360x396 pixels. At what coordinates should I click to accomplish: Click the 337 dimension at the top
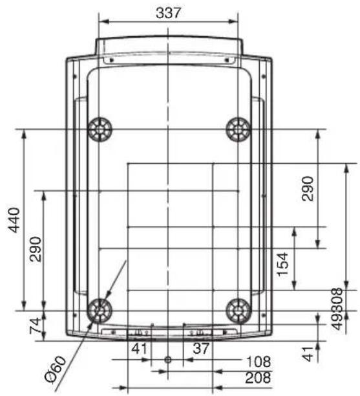pos(168,13)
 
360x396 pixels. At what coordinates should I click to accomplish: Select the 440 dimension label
pos(14,220)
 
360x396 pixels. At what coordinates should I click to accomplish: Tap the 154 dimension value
pos(282,264)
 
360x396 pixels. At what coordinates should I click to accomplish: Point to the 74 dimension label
pos(35,325)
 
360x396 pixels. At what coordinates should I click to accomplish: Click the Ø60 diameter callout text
pos(56,369)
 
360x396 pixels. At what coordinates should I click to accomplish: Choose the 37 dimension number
pos(201,348)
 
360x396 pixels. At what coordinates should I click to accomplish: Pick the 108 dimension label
pos(259,362)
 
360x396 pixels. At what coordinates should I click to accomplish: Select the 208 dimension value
pos(258,378)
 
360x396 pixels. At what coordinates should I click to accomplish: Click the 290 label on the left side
pos(35,249)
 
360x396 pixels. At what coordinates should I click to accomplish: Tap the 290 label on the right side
pos(308,189)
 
